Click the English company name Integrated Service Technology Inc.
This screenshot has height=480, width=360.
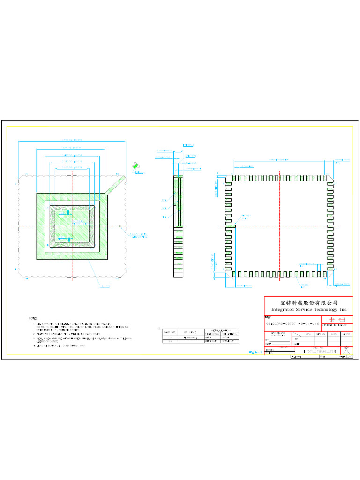(309, 310)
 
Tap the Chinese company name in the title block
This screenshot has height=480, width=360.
(309, 302)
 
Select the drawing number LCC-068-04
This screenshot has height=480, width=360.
(320, 351)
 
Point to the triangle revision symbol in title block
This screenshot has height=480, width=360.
(346, 352)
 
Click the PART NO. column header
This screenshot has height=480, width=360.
(169, 332)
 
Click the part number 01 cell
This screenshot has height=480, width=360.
(169, 337)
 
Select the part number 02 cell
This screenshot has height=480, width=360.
(169, 341)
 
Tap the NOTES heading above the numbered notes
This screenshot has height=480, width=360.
(33, 318)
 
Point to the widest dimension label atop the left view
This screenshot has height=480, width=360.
(72, 140)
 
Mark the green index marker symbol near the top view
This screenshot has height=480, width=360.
(136, 165)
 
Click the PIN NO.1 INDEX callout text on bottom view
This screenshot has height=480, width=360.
(246, 217)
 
